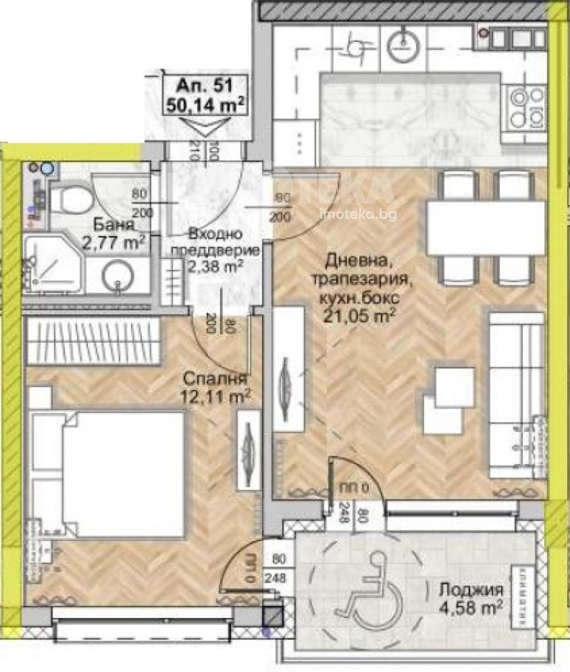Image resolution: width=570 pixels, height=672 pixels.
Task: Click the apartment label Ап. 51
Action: tap(207, 87)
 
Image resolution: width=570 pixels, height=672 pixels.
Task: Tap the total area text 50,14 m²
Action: tap(207, 105)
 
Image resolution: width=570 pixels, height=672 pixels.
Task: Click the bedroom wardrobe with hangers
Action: tap(93, 342)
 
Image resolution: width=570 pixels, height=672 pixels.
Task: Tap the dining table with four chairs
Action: tap(486, 226)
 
